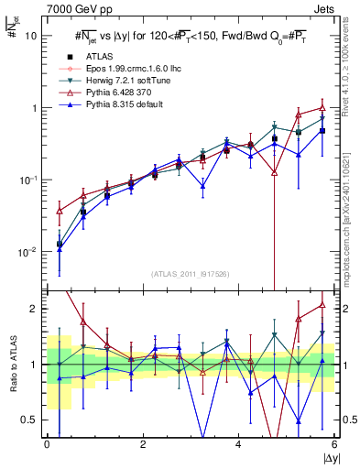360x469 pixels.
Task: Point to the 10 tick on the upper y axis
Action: click(x=30, y=36)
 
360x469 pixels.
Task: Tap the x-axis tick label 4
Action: click(x=238, y=444)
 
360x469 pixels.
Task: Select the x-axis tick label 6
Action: click(x=333, y=444)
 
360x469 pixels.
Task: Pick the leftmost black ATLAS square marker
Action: click(x=60, y=244)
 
